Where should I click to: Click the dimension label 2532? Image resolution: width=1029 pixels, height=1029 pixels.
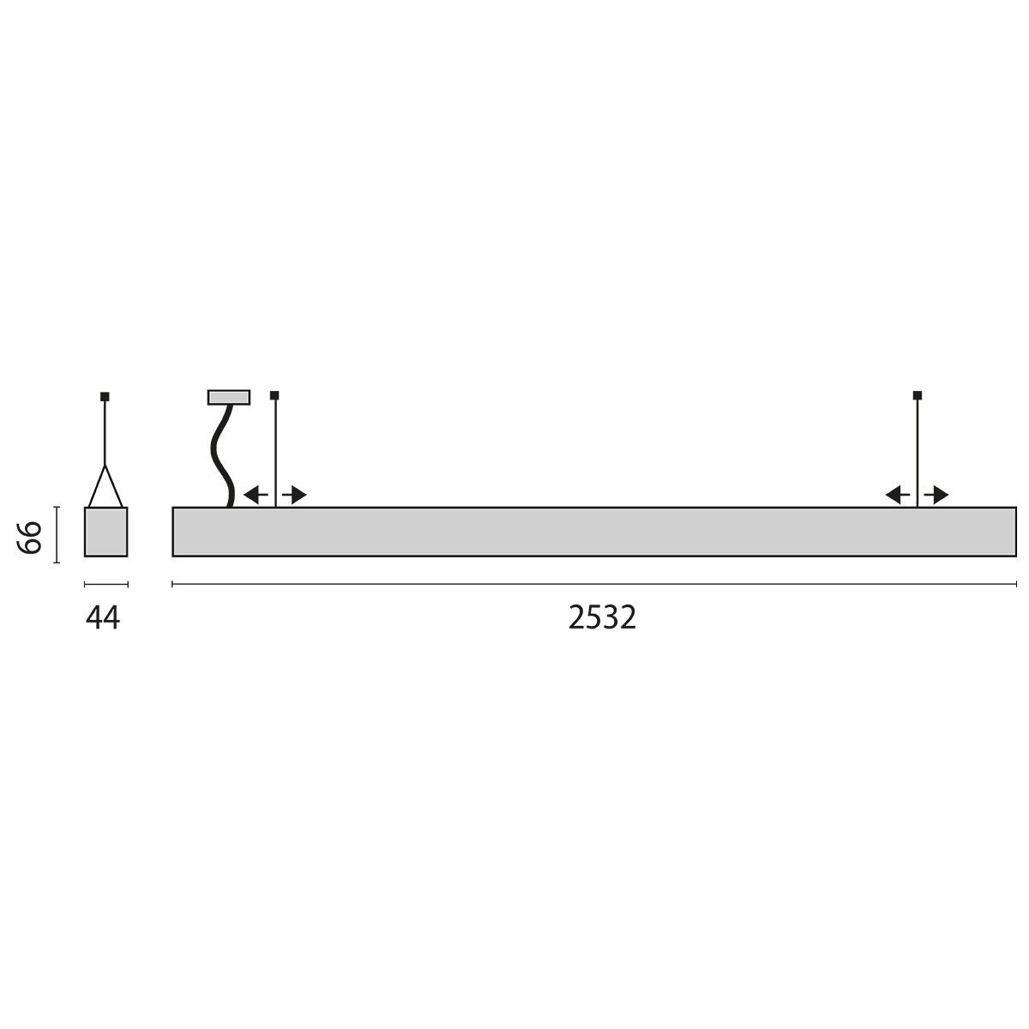(x=602, y=617)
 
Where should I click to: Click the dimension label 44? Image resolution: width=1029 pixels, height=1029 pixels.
(x=104, y=617)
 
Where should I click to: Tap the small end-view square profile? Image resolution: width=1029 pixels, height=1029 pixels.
(x=105, y=532)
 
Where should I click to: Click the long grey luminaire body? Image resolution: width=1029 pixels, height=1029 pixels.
(x=594, y=532)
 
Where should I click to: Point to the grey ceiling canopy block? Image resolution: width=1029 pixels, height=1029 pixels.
(x=228, y=397)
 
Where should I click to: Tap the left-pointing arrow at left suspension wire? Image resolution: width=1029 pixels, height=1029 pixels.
(x=255, y=495)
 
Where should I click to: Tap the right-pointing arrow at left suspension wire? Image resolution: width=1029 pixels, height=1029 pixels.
(x=295, y=495)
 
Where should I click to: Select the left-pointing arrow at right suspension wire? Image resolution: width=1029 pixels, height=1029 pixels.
(x=898, y=495)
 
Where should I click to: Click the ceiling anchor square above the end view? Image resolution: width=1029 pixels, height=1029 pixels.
(x=105, y=396)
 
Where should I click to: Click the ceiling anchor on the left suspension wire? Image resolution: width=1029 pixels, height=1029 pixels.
(x=274, y=395)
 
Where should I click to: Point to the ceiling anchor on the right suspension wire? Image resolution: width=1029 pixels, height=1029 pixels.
(x=918, y=395)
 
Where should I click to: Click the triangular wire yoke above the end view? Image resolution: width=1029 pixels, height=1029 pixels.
(x=105, y=487)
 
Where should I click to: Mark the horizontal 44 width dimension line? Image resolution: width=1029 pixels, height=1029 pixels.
(x=105, y=585)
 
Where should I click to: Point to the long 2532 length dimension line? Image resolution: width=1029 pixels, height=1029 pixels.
(x=594, y=584)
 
